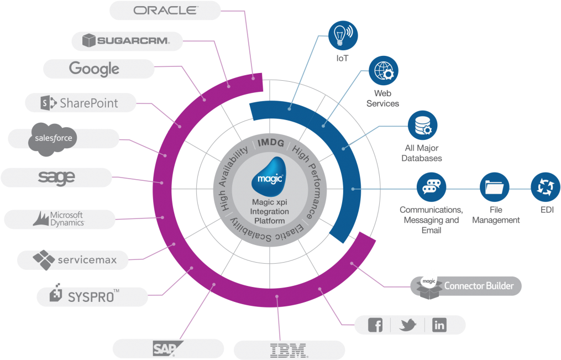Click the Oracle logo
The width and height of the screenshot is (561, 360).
tap(165, 11)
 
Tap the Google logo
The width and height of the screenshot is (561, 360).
tap(94, 69)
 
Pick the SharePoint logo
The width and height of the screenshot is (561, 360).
tap(80, 103)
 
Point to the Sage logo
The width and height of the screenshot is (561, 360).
tap(56, 178)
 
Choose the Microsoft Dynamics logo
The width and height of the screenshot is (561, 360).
tap(59, 218)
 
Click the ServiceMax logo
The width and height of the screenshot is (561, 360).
tap(74, 259)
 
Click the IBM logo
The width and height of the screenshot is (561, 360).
tap(289, 349)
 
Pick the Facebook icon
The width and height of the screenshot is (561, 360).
tap(375, 325)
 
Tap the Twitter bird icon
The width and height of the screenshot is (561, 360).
tap(408, 325)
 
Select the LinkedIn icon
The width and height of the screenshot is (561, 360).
tap(439, 325)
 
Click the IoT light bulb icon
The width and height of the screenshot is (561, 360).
tap(343, 35)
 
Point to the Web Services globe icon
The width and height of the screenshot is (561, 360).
tap(383, 71)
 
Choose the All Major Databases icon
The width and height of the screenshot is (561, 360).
tap(423, 126)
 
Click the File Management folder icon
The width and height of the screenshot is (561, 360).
tap(494, 187)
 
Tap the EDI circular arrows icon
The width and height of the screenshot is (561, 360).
tap(546, 187)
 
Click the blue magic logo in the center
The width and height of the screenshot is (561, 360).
tap(270, 174)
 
